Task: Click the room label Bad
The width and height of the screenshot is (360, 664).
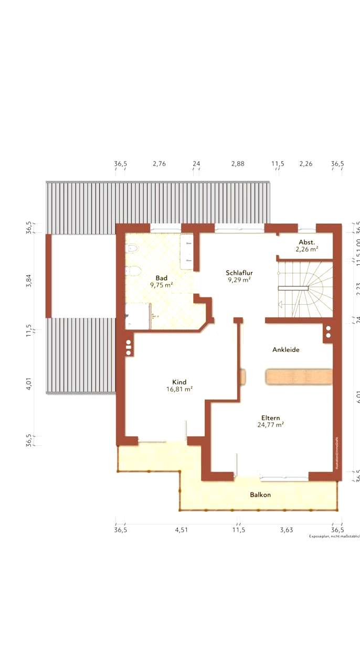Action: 161,277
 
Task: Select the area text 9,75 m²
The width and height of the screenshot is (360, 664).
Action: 161,285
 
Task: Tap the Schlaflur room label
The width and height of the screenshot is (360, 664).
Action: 239,273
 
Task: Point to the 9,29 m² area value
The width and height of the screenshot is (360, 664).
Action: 239,280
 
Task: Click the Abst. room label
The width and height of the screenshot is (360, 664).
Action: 307,242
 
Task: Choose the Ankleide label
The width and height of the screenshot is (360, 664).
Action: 285,349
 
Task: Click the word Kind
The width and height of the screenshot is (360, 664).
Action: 179,382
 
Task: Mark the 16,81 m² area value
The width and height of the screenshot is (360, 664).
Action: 179,389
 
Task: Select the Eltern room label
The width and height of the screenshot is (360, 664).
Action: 271,417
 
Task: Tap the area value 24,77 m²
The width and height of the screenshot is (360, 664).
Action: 271,425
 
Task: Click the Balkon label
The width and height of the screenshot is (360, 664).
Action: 260,495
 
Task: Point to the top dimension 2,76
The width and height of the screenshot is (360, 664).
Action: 159,164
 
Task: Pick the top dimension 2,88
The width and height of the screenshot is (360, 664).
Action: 238,164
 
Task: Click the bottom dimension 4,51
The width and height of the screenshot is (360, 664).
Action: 181,530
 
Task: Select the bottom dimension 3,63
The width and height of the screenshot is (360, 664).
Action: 286,530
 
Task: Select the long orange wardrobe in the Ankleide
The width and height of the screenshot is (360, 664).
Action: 299,377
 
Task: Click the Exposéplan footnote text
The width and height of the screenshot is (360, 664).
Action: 334,537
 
